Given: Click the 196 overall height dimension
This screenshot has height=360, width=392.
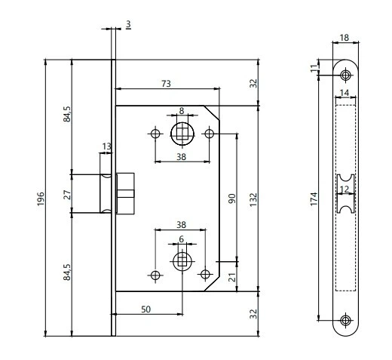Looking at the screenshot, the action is coord(41,198).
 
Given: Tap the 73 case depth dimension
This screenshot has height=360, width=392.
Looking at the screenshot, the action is coord(166,84).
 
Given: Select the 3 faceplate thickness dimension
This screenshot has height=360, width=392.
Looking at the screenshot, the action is coord(128,24).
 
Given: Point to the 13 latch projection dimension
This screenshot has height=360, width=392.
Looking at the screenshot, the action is coord(106,146).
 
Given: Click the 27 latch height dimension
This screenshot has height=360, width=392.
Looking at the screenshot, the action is coord(67,195).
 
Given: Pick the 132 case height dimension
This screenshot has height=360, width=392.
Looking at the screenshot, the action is coord(253,200).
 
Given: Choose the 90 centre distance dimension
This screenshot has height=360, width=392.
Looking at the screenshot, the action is coord(232,198).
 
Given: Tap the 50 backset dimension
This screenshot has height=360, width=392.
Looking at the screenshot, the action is coord(145,309).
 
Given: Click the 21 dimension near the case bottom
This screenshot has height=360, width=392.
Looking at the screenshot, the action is coord(233,277).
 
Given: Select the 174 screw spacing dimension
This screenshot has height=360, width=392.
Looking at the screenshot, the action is coord(314,199).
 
